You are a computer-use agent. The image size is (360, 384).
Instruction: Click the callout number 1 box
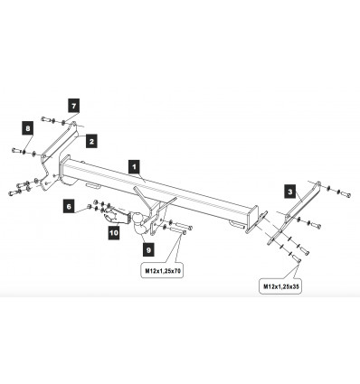click(134, 167)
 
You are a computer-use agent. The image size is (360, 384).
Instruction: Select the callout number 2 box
click(91, 141)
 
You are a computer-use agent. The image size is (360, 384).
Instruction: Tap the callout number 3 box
click(290, 192)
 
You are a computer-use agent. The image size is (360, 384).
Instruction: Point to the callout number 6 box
click(69, 207)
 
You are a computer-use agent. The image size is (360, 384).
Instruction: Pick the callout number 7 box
click(74, 106)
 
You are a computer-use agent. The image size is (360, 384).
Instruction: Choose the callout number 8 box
click(28, 128)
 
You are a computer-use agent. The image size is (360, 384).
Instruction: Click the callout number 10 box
click(114, 233)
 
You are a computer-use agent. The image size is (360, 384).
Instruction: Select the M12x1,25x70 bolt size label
click(163, 271)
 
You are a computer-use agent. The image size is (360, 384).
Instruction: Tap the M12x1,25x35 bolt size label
click(280, 286)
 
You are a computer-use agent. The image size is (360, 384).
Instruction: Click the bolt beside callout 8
click(17, 150)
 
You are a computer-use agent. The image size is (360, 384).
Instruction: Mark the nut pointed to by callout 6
click(89, 206)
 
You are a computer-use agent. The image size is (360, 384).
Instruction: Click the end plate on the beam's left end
click(64, 169)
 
